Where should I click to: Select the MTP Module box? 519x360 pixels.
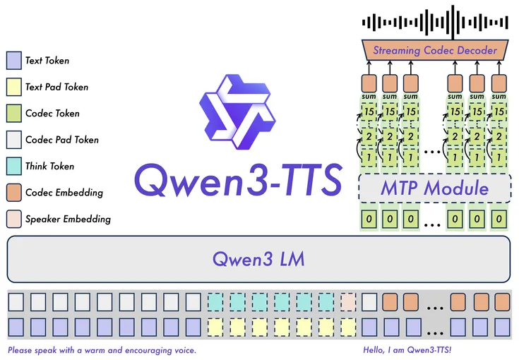(x=434, y=188)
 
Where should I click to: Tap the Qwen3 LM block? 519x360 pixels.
(x=258, y=258)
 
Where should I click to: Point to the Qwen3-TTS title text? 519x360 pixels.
(x=237, y=181)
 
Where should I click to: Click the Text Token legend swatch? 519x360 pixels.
(x=13, y=61)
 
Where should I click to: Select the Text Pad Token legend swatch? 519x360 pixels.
(x=13, y=87)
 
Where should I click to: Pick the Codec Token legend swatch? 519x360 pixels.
(x=13, y=113)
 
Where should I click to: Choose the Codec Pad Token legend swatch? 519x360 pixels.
(x=13, y=140)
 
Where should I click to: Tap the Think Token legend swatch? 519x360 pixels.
(x=13, y=166)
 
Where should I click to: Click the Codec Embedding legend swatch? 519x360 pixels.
(x=13, y=192)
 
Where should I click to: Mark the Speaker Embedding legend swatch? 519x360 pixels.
(x=13, y=219)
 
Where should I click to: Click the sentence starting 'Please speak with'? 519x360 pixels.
(x=102, y=350)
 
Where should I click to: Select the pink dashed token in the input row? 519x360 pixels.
(x=348, y=303)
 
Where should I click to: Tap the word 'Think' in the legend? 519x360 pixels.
(x=37, y=166)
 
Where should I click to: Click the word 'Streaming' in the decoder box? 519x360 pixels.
(x=397, y=50)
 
